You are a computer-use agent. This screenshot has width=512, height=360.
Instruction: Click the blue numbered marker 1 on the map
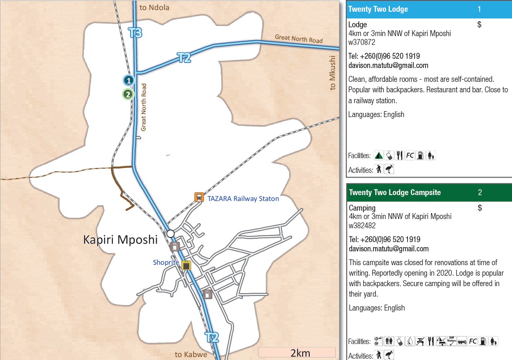coord(128,80)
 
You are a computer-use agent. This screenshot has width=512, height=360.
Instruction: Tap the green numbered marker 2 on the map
coord(128,94)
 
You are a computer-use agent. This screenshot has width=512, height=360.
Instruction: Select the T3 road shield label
coord(135,33)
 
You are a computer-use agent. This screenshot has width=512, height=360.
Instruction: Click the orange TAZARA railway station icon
coord(199,197)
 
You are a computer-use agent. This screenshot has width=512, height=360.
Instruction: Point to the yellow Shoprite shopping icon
coord(186,265)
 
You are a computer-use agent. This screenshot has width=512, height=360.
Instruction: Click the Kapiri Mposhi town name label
coord(120,240)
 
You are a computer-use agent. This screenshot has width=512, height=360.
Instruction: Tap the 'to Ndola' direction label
coord(154,7)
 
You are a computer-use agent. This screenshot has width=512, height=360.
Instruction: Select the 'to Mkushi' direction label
coord(333,73)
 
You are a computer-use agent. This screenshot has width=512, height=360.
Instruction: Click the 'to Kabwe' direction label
coord(191,355)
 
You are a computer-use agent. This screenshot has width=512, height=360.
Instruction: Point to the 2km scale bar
coord(297,352)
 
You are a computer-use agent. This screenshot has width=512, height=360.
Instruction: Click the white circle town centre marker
coord(170,233)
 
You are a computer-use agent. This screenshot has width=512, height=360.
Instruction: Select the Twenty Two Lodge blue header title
coord(378,9)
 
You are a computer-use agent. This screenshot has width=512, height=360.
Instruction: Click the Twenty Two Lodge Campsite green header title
coord(395,193)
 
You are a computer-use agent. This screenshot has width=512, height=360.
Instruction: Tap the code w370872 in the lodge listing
coord(361,42)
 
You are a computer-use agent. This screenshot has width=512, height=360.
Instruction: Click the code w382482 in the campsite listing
coord(362,226)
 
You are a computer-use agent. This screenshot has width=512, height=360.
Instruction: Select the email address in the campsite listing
coord(389,249)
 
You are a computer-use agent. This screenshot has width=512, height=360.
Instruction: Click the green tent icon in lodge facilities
coord(379,155)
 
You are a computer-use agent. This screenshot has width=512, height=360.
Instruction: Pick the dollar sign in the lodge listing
coord(479,25)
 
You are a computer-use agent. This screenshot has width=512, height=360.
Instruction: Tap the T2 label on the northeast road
coord(184,57)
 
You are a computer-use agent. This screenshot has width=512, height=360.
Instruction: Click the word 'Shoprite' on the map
coord(166,263)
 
